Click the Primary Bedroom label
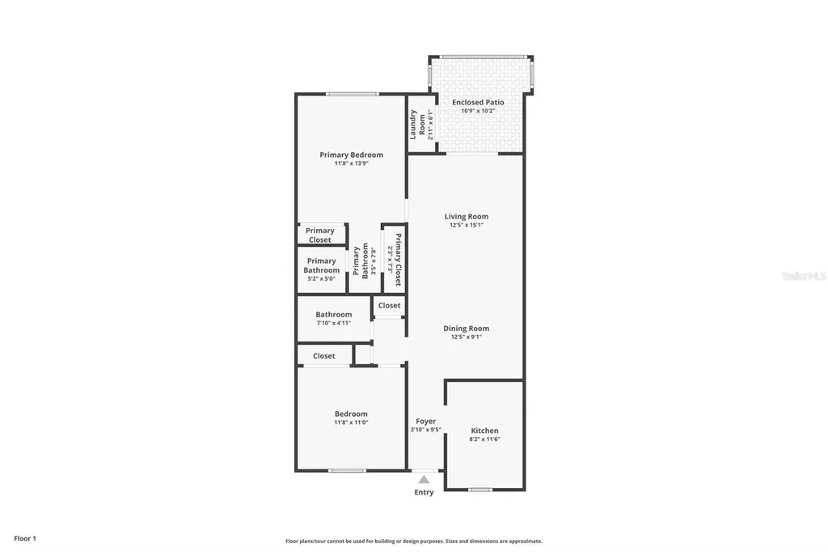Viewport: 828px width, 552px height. coord(351,155)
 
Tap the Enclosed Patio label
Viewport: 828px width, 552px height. coord(478,102)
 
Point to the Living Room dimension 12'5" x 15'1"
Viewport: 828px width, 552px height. coord(466,225)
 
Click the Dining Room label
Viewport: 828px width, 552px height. coord(466,329)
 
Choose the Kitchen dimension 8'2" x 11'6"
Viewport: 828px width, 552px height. coord(484,439)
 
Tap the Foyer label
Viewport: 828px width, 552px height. coord(425,422)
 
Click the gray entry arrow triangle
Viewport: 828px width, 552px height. coord(424,479)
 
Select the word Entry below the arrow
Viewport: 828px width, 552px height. coord(424,492)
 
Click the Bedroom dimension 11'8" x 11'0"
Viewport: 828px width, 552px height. coord(351,422)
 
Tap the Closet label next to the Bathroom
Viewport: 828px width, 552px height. coord(389,305)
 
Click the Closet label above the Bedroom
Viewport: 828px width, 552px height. coord(323,355)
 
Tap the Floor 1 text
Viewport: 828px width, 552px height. coord(25,538)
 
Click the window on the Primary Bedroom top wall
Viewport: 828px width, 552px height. coord(353,94)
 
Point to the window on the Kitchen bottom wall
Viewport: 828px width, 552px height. coord(480,490)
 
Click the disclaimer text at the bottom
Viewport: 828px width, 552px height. coord(413,541)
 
